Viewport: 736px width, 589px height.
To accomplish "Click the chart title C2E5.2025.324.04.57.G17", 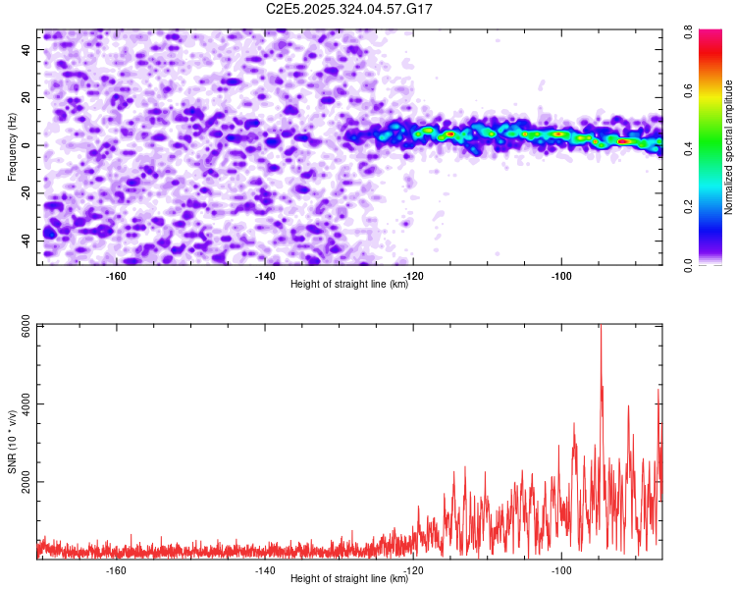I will [x=350, y=9].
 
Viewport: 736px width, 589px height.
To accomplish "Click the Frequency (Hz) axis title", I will [x=12, y=146].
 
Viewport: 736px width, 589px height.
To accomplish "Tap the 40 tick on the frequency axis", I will [x=27, y=49].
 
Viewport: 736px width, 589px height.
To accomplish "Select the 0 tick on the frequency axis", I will [x=30, y=145].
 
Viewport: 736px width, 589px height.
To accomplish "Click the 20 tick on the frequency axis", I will [x=27, y=97].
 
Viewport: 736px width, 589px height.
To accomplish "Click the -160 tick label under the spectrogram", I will [x=116, y=275].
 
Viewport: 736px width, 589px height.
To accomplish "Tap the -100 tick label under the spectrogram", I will [x=561, y=275].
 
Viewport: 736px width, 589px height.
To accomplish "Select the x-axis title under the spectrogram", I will [x=350, y=285].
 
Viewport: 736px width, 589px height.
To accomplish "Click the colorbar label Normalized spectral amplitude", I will [x=729, y=146].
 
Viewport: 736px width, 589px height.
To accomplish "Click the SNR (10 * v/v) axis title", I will [x=12, y=443].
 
